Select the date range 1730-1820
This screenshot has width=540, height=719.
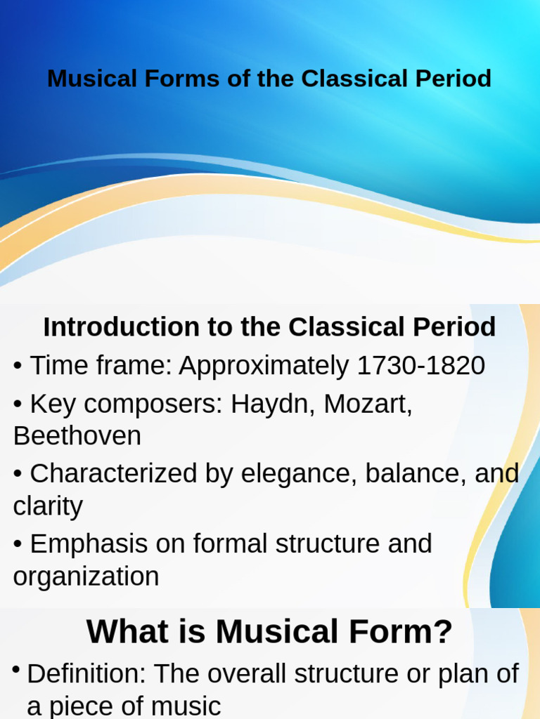click(420, 366)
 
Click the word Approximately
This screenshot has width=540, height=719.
click(264, 366)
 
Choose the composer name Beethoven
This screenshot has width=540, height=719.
click(77, 436)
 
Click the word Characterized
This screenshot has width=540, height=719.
click(114, 474)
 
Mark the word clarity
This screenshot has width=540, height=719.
click(48, 506)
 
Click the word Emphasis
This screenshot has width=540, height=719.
click(89, 544)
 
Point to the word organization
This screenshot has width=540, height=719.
click(86, 576)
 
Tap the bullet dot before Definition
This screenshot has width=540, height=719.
click(15, 671)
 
